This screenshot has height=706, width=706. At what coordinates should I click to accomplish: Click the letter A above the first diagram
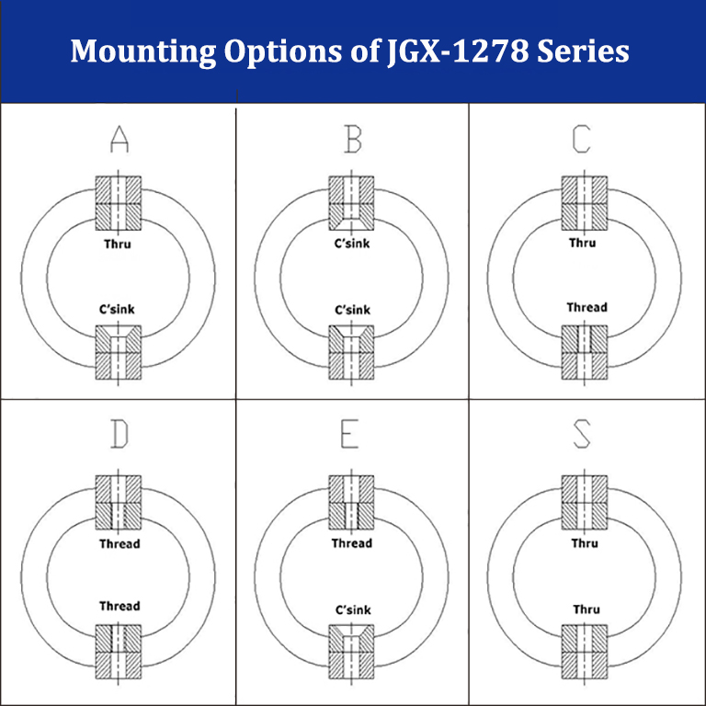click(x=120, y=139)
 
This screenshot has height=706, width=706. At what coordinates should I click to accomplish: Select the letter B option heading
click(x=353, y=139)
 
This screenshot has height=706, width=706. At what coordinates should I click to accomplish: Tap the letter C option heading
click(x=581, y=139)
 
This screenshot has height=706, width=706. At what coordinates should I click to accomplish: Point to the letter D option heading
click(x=120, y=434)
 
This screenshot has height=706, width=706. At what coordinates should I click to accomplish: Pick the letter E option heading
click(x=349, y=434)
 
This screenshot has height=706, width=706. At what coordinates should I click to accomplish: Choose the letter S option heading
click(x=582, y=434)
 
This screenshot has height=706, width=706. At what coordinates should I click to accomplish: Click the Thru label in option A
click(x=118, y=244)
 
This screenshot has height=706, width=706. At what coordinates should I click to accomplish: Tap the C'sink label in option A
click(x=117, y=309)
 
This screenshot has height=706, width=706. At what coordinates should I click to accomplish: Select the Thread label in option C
click(x=586, y=308)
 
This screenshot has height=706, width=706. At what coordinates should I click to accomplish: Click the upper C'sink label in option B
click(x=352, y=244)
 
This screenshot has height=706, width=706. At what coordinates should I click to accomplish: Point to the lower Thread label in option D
click(x=120, y=606)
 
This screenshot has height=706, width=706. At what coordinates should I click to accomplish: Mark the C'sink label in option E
click(x=353, y=610)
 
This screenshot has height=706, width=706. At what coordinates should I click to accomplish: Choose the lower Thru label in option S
click(x=586, y=609)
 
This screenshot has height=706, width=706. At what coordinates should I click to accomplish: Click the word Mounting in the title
click(x=143, y=51)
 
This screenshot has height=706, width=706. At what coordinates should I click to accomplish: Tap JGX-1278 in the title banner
click(x=458, y=51)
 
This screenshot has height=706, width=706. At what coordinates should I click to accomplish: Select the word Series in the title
click(x=583, y=51)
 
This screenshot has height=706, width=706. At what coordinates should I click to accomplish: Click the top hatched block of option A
click(x=119, y=203)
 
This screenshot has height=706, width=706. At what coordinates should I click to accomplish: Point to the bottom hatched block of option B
click(x=351, y=352)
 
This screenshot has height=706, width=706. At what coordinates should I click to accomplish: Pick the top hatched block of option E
click(x=351, y=503)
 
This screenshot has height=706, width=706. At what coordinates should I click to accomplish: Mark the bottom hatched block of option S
click(x=585, y=652)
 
